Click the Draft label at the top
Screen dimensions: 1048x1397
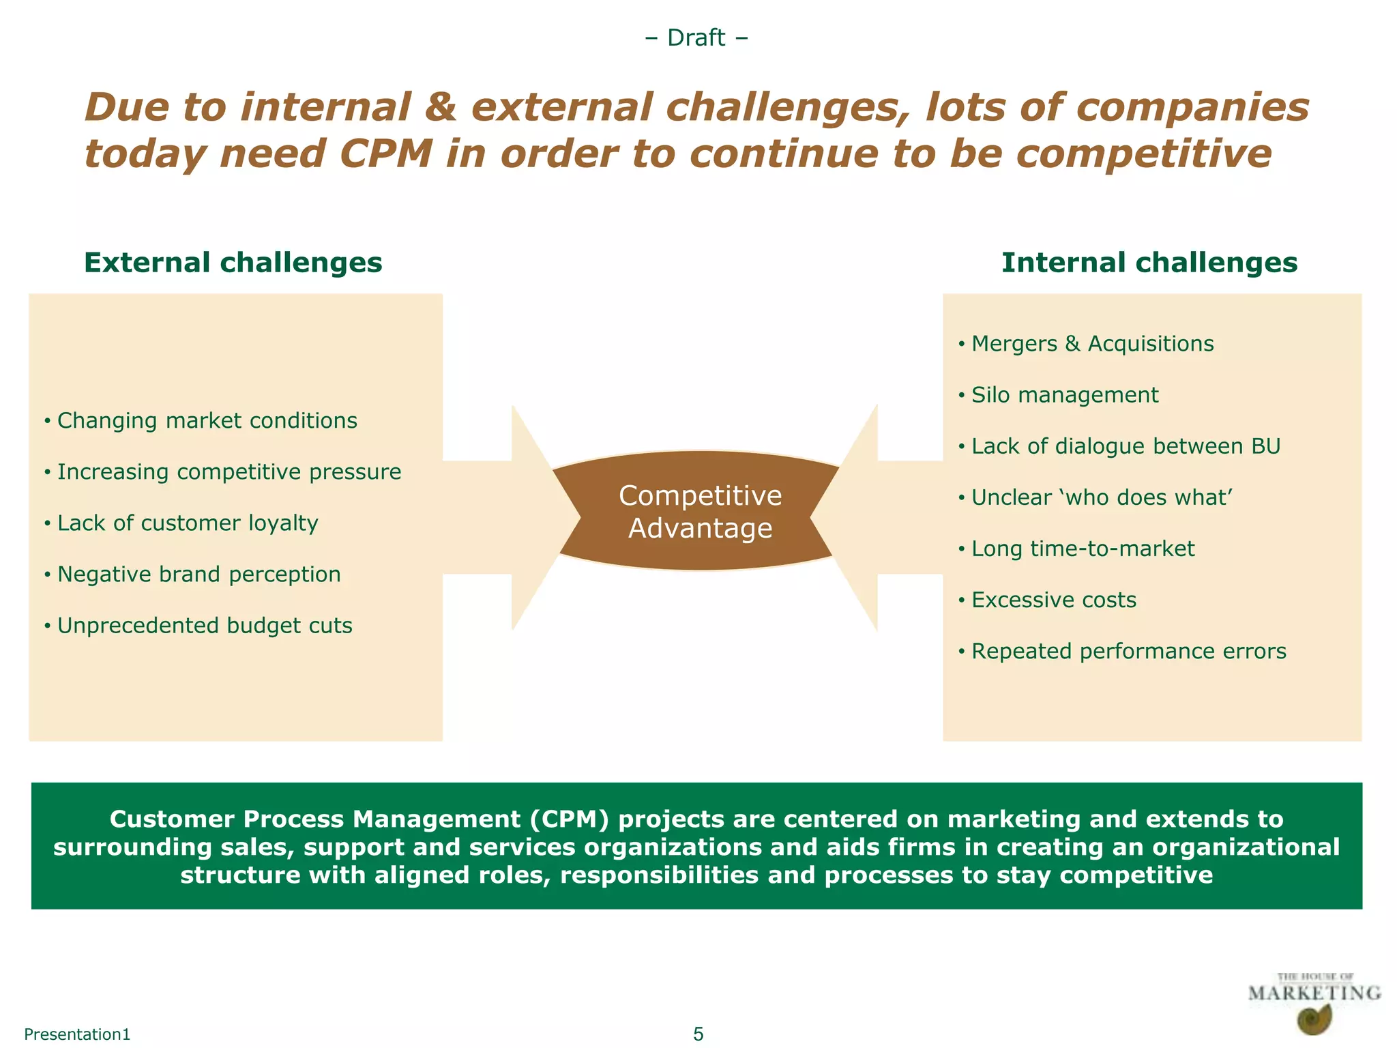(696, 38)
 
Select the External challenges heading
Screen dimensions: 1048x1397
(233, 263)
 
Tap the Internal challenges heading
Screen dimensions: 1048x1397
(1149, 263)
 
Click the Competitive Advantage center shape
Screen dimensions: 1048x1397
(700, 512)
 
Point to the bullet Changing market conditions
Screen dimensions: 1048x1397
(207, 421)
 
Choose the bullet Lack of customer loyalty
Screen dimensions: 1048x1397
(188, 523)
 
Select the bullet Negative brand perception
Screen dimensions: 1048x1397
(198, 574)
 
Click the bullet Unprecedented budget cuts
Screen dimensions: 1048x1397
(205, 626)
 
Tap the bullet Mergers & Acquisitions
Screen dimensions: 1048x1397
(1092, 344)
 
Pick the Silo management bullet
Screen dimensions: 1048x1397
(1064, 395)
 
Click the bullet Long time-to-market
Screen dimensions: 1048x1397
(1083, 549)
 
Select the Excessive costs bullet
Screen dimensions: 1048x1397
(1053, 600)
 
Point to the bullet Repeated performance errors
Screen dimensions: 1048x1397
(1128, 652)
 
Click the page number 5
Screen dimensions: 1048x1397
(698, 1034)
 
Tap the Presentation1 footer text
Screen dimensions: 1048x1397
(77, 1034)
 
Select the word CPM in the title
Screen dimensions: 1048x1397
(385, 154)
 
